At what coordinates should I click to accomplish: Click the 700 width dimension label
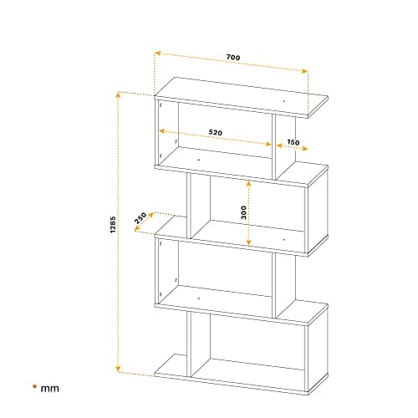tap(233, 58)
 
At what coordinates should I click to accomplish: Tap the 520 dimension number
tap(216, 132)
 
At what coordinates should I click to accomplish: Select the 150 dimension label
tap(293, 142)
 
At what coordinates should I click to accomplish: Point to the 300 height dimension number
tap(243, 212)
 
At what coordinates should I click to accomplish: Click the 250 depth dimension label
tap(140, 218)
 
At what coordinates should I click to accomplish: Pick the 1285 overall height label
tap(113, 224)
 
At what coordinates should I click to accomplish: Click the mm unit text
tap(50, 389)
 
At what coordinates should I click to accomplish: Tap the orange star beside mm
tap(34, 386)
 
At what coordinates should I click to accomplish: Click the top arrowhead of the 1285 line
tap(118, 95)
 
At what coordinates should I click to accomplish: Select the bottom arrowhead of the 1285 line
tap(118, 369)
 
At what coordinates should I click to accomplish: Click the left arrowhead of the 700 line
tap(158, 53)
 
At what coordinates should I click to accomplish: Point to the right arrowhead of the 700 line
tap(304, 71)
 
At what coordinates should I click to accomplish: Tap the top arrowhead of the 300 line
tap(249, 183)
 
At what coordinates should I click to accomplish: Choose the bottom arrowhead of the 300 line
tap(249, 242)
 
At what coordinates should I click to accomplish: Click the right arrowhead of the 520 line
tap(268, 144)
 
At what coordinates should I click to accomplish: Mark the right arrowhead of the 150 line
tap(304, 149)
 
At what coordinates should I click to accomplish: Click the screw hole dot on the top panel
tap(284, 101)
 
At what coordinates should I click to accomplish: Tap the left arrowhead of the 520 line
tap(162, 131)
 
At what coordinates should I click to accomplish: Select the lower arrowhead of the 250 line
tap(137, 229)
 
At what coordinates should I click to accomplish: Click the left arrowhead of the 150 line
tap(279, 145)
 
